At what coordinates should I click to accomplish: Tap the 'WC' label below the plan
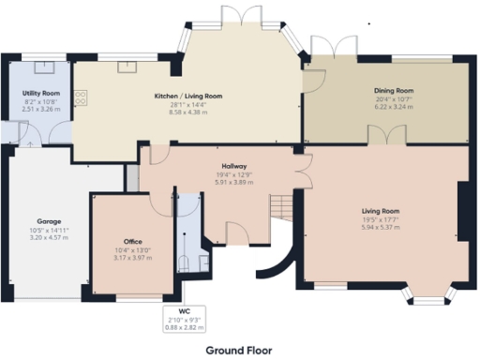(184, 310)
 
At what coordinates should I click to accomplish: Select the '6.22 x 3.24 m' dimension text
(394, 106)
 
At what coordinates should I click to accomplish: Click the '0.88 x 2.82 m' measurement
(184, 326)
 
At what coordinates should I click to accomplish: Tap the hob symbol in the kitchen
(82, 96)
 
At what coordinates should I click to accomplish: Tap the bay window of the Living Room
(426, 296)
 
